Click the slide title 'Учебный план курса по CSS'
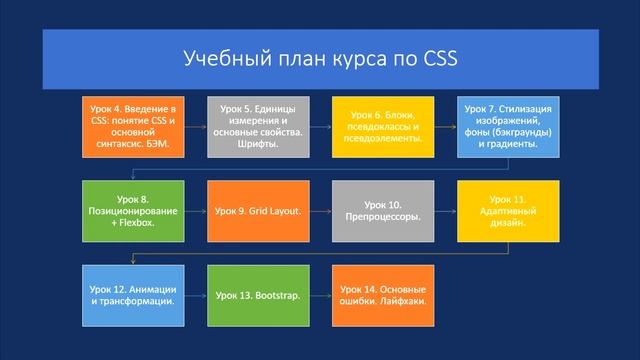coord(320,58)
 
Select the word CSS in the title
coord(437,58)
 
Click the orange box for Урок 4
coord(132,128)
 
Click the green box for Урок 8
coord(132,212)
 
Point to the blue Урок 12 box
coord(132,296)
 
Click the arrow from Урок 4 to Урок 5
coord(195,128)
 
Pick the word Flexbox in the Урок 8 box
coord(139,225)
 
